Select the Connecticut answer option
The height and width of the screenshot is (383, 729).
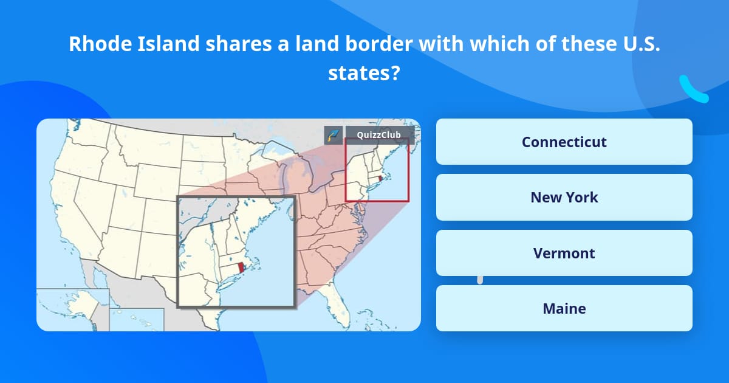point(564,142)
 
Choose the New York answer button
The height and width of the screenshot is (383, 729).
point(564,198)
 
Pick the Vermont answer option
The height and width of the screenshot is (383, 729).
point(564,253)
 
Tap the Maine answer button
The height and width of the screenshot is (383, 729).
point(564,308)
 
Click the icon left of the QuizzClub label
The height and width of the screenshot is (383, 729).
point(333,135)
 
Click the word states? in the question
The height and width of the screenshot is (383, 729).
point(364,73)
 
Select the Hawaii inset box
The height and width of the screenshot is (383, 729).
point(137,320)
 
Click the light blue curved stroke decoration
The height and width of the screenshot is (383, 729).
point(693,89)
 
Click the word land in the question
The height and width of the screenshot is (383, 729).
point(271,44)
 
